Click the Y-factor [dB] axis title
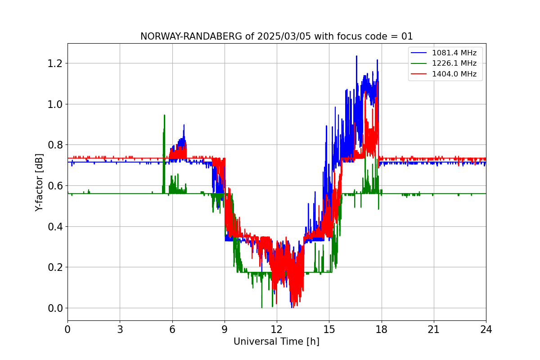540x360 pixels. tap(40, 183)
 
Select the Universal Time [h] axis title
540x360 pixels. tap(276, 342)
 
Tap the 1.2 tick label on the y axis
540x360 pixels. tap(54, 63)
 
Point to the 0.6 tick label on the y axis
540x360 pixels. tap(54, 186)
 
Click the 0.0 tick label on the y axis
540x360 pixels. tap(54, 308)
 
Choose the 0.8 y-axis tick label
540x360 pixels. tap(54, 145)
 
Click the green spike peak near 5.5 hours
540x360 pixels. tap(164, 115)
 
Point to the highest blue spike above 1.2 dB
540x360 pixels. tap(356, 56)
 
